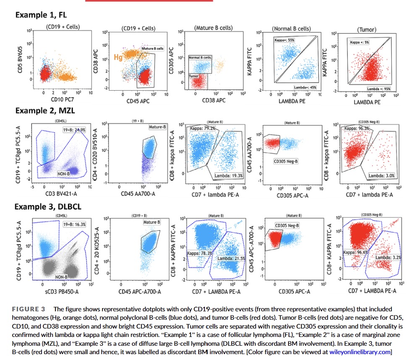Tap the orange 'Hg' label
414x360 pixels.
[x=119, y=57]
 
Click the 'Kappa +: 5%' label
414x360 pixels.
[x=360, y=42]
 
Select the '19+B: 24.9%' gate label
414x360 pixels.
[x=74, y=130]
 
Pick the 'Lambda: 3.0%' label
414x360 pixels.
[x=381, y=175]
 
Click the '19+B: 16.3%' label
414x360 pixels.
[x=74, y=224]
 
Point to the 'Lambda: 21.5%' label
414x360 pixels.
[x=231, y=258]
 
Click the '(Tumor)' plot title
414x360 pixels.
[x=367, y=29]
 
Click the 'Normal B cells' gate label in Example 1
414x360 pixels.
[x=200, y=57]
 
